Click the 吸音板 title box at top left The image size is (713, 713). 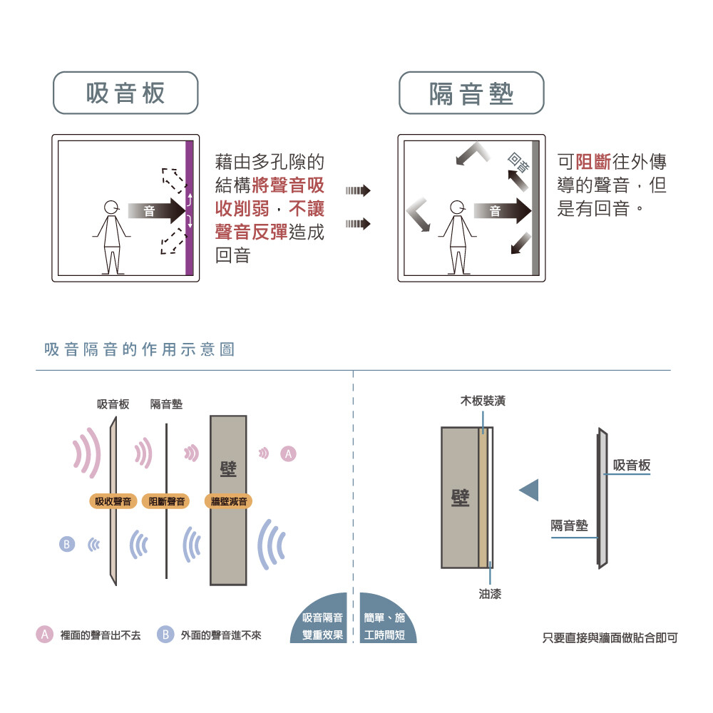(125, 93)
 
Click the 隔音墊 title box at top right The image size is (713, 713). (471, 93)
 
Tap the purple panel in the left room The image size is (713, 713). (190, 207)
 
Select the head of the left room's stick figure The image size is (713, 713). (111, 207)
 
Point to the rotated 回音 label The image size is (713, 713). (519, 163)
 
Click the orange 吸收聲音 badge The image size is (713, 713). (113, 501)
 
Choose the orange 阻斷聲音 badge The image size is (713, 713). (166, 501)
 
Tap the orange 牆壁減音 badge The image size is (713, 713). (229, 501)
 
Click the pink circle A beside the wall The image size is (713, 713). (288, 453)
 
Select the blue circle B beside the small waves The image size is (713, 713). (67, 544)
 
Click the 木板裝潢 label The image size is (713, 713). (483, 401)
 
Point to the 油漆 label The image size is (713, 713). (490, 593)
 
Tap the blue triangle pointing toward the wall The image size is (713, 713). (529, 490)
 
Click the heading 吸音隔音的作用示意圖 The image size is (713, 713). (140, 349)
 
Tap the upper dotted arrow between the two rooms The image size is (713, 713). (358, 190)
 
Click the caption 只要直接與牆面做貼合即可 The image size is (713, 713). (610, 637)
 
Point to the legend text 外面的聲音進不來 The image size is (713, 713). (221, 635)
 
